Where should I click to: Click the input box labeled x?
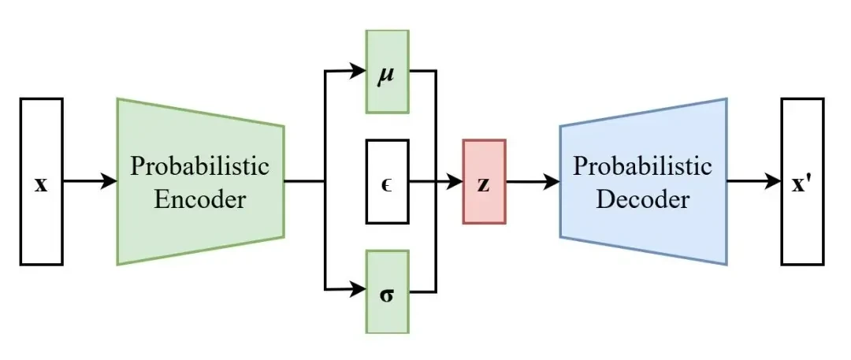[x=42, y=181]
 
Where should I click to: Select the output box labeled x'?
[x=803, y=181]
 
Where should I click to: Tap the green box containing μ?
[x=388, y=71]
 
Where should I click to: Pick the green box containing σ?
[x=388, y=291]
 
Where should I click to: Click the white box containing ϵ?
[x=388, y=181]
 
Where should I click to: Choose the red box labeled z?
[x=484, y=181]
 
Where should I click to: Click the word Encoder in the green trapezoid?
[x=199, y=199]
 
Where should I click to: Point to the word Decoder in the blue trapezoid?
[x=643, y=199]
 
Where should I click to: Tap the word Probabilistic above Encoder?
[x=199, y=165]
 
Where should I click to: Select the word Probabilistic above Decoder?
[x=643, y=165]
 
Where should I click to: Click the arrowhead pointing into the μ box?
[x=357, y=71]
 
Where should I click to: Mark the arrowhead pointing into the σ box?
[x=357, y=290]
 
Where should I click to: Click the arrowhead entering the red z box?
[x=454, y=181]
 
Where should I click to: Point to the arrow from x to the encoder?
[x=90, y=181]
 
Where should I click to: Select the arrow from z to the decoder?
[x=533, y=181]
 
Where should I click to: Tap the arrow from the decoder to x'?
[x=754, y=181]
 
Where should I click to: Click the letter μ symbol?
[x=386, y=72]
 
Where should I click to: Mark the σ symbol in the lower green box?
[x=387, y=296]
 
